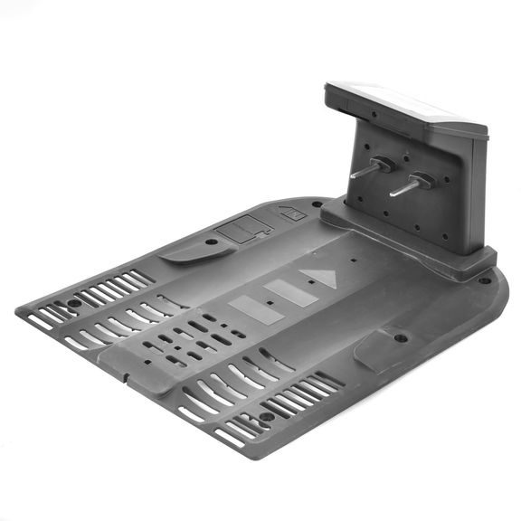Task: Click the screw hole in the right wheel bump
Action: coord(400,338)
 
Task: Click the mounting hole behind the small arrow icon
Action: coord(316,204)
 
